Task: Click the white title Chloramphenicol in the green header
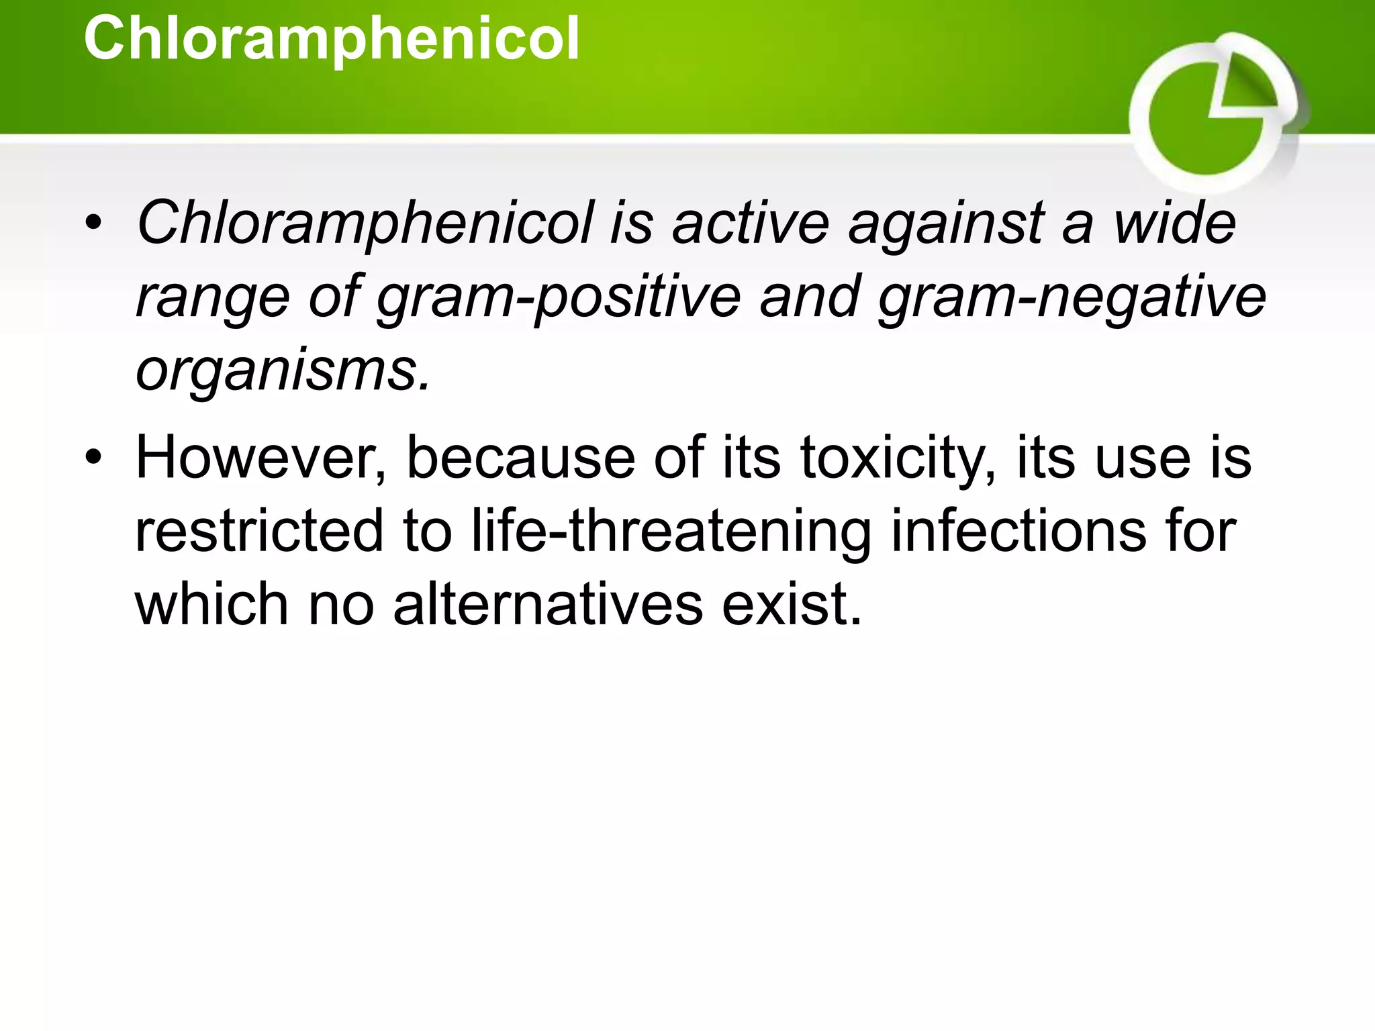tap(331, 39)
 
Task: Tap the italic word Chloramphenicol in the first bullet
tap(365, 223)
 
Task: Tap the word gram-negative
tap(1072, 297)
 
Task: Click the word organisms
tap(282, 371)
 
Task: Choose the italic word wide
tap(1175, 223)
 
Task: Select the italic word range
tap(213, 297)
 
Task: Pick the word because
tap(521, 458)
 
